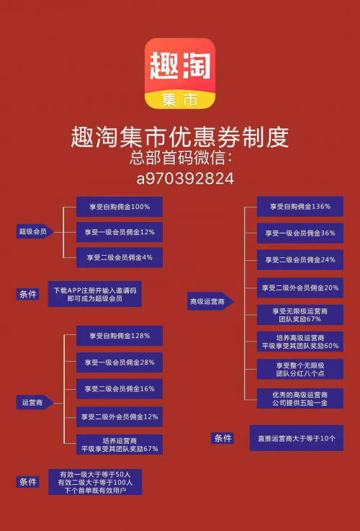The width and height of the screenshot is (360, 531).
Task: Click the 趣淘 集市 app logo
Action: coord(180,73)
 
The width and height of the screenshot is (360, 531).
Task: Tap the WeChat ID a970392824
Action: coord(186,179)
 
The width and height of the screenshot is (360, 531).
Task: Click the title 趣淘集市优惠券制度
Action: coord(180,138)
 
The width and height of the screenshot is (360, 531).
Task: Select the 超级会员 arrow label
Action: coord(35,232)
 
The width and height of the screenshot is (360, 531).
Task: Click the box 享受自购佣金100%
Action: coord(120,207)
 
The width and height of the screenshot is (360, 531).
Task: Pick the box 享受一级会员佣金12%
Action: coord(120,232)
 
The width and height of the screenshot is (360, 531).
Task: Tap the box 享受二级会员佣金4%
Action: coord(120,257)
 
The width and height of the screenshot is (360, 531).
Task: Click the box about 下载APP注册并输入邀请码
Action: coord(95,294)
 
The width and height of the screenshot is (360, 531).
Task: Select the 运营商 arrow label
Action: coord(35,403)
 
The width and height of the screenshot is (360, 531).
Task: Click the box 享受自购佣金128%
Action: coord(120,336)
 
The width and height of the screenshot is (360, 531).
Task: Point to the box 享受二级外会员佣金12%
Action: coord(120,417)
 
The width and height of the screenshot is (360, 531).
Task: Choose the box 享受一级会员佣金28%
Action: coord(120,362)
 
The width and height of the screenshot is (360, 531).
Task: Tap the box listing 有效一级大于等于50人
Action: coord(95,482)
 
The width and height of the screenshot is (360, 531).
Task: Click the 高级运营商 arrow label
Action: coord(210,301)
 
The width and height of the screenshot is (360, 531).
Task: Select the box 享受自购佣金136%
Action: coord(300,206)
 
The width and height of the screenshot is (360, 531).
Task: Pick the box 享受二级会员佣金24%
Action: coord(300,260)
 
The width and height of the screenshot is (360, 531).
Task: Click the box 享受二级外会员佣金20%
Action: coord(300,288)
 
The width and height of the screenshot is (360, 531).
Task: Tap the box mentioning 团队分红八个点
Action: coord(300,369)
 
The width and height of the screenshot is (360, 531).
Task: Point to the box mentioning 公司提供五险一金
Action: coord(300,398)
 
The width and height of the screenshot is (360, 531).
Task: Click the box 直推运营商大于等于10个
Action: coord(297,438)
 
